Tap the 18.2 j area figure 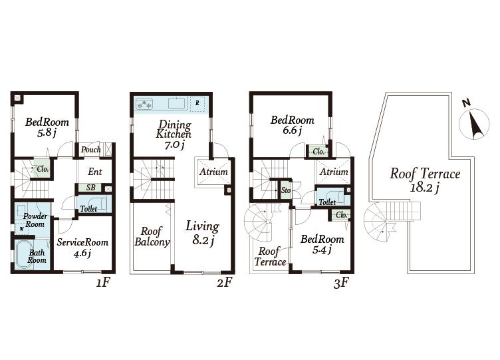(x=424, y=188)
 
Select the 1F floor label (x=103, y=282)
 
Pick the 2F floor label (x=225, y=282)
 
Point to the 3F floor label (x=341, y=283)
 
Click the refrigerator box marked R (x=197, y=103)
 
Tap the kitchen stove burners (x=144, y=104)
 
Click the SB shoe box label (x=91, y=188)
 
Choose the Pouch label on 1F (x=90, y=149)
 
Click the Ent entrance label (x=94, y=172)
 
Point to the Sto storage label (x=286, y=190)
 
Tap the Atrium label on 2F (x=213, y=172)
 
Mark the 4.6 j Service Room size (x=82, y=254)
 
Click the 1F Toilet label (x=88, y=209)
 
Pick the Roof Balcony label (x=152, y=237)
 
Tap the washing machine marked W (x=21, y=229)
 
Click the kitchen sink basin (x=177, y=103)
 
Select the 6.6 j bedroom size (x=292, y=130)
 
